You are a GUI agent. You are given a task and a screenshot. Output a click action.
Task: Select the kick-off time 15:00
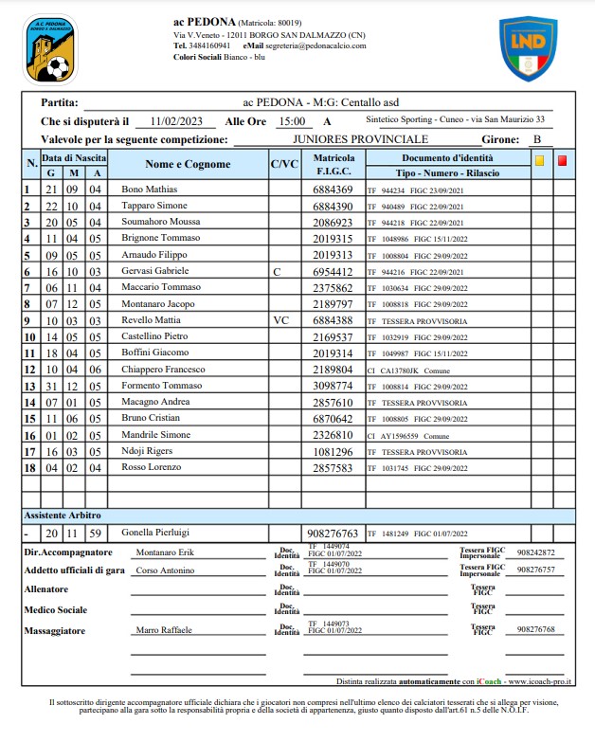(291, 121)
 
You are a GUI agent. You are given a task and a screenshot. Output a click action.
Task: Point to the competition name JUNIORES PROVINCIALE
(361, 139)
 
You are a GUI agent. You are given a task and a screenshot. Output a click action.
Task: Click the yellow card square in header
(539, 159)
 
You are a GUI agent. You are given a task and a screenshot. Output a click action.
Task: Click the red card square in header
(563, 159)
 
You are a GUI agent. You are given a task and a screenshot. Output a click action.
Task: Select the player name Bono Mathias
(150, 190)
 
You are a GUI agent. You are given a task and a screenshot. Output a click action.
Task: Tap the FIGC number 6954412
(333, 271)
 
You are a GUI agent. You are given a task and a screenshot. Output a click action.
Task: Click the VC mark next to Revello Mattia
(280, 320)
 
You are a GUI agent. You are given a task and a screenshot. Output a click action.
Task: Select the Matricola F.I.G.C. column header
(334, 165)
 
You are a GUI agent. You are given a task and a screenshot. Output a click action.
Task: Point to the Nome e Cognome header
(188, 165)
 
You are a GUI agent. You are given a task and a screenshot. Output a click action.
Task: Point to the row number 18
(28, 468)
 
